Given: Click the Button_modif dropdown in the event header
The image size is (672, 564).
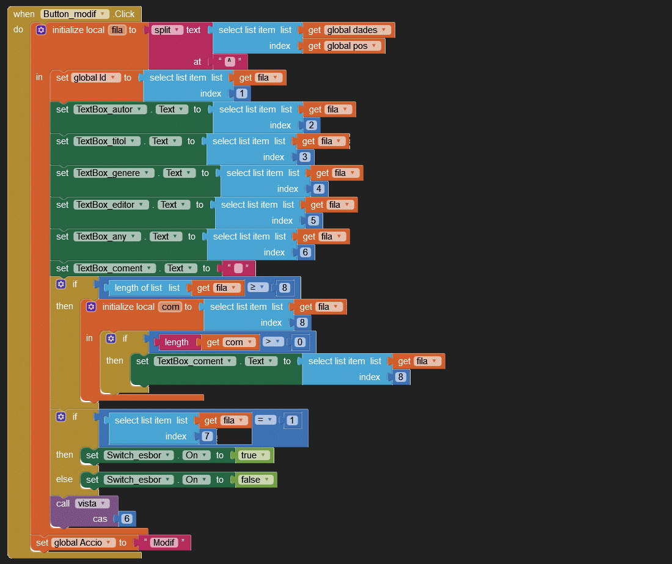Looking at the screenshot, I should coord(75,14).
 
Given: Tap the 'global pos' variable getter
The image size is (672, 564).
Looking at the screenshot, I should coord(353,46).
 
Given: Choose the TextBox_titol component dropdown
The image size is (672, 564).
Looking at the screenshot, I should coord(108,141).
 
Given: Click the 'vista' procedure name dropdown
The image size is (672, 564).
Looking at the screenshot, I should coord(92,504).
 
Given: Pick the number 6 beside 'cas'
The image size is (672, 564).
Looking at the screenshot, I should coord(127,519).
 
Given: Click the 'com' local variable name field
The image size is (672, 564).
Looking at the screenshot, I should coord(170,307).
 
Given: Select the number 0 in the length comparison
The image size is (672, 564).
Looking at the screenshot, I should coord(299,342).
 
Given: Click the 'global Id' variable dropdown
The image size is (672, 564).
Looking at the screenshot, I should coord(96,78).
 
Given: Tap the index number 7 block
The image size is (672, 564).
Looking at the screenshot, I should coord(206,436).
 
